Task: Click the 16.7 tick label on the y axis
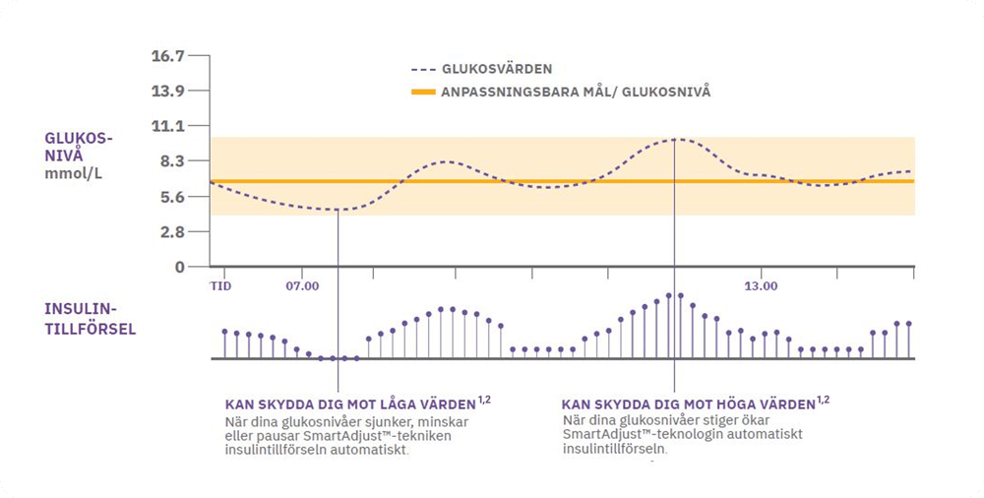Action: (x=167, y=56)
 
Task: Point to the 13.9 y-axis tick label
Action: (x=167, y=92)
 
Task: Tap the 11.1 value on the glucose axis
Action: (x=167, y=126)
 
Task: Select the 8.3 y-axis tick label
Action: (x=168, y=161)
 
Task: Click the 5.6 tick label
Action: (x=168, y=197)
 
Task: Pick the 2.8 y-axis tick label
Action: (x=168, y=232)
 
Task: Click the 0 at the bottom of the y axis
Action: (x=179, y=267)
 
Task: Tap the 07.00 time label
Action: (x=303, y=285)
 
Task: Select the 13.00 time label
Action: (x=761, y=285)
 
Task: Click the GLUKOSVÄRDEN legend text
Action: (x=494, y=69)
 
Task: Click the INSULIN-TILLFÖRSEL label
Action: (x=91, y=319)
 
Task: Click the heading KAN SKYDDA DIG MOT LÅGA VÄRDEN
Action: (x=350, y=404)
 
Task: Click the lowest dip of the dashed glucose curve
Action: (x=337, y=210)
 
